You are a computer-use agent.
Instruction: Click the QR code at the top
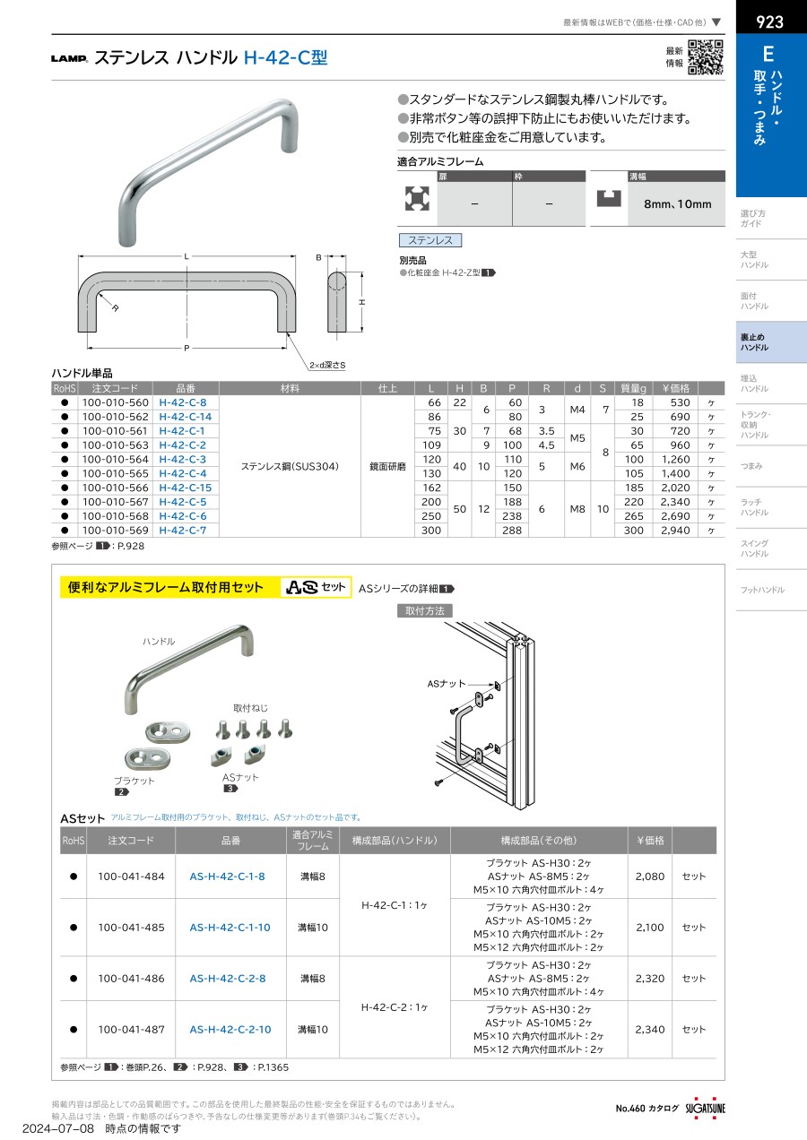point(706,57)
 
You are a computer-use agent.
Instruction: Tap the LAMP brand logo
point(69,59)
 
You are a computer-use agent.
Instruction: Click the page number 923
point(769,22)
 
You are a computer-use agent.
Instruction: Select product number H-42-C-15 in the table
point(185,487)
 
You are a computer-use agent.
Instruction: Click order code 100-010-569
point(115,530)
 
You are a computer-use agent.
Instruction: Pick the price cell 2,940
point(674,530)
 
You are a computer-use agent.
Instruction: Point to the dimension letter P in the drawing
point(187,348)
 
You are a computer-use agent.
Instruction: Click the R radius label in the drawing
point(116,307)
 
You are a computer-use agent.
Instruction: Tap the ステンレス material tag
point(430,240)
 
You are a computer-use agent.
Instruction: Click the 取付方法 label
point(425,610)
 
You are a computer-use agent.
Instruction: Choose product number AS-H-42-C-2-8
point(228,979)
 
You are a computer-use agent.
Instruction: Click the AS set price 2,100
point(650,928)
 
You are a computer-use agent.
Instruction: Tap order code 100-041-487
point(131,1030)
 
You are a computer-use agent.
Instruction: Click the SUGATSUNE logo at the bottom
point(706,1108)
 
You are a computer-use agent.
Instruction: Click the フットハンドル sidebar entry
point(762,590)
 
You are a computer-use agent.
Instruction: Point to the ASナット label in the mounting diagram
point(446,683)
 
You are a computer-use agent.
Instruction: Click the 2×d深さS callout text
point(326,366)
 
